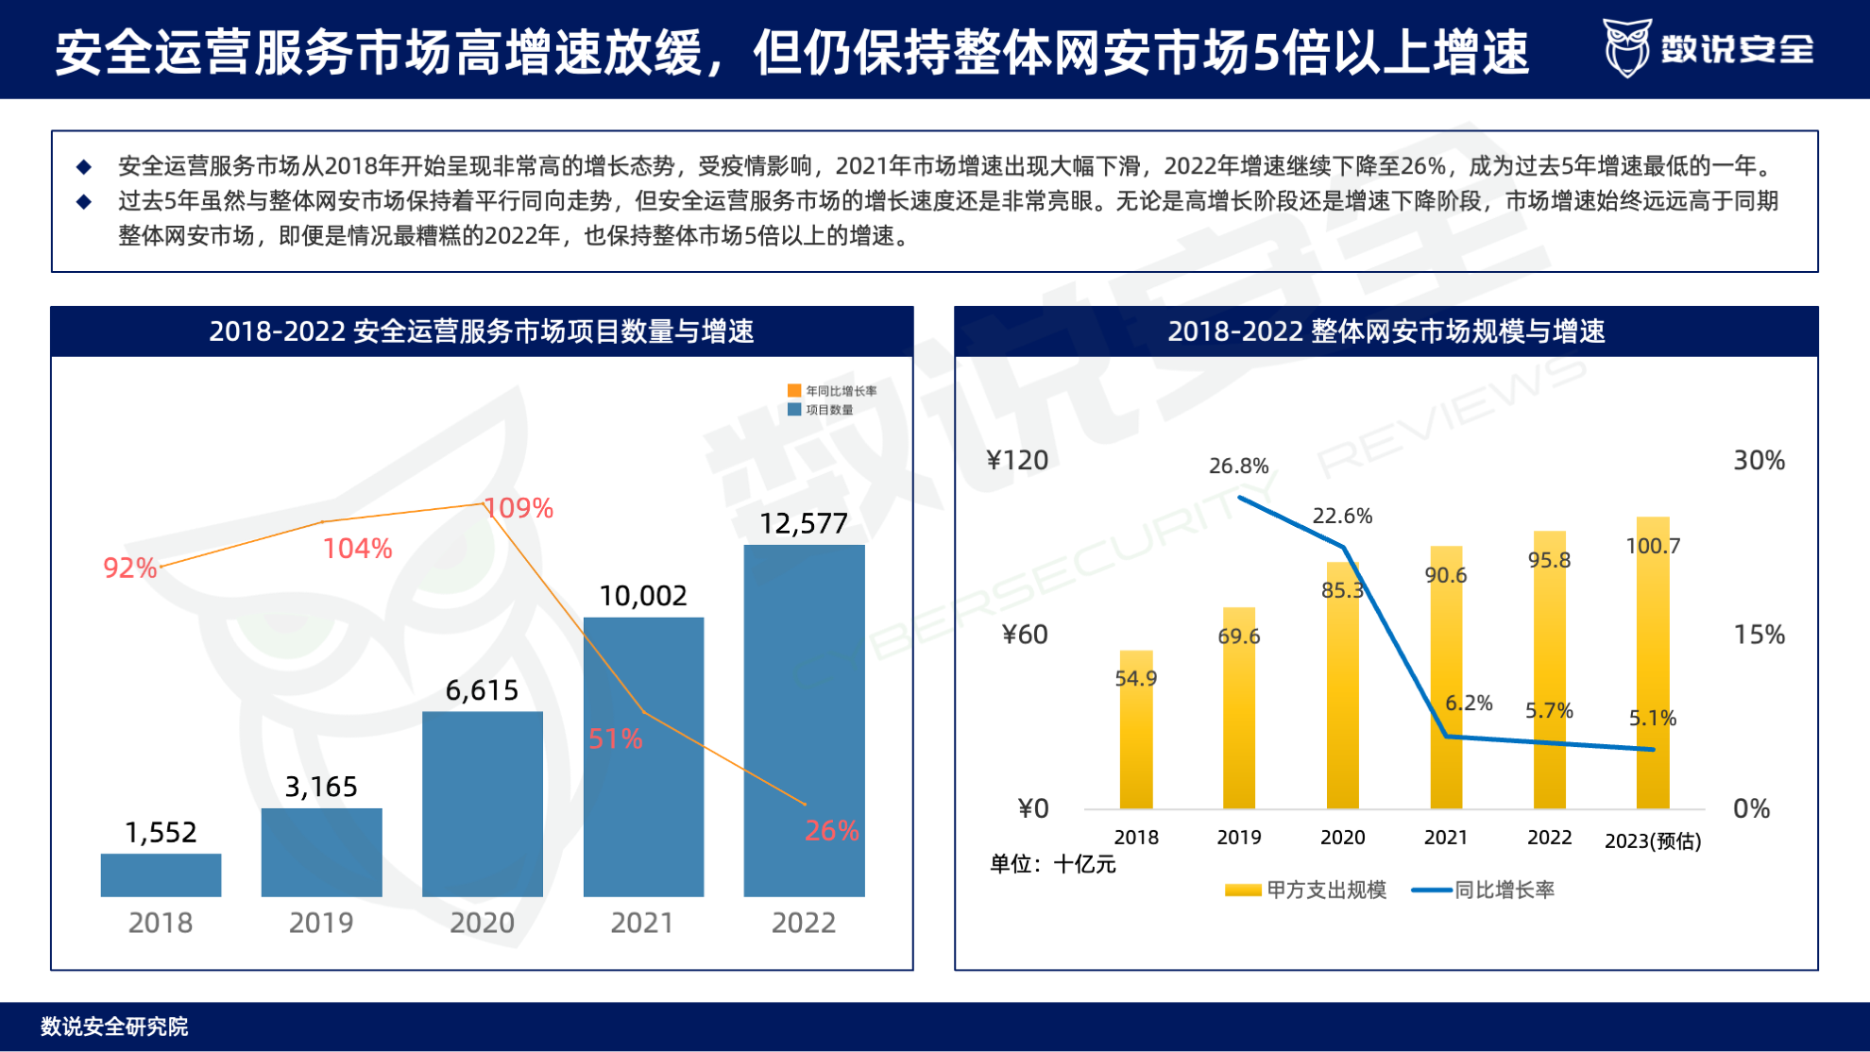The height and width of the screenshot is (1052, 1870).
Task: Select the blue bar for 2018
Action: click(161, 874)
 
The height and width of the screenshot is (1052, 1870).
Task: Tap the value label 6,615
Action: click(482, 690)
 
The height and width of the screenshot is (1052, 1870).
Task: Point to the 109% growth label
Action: click(518, 508)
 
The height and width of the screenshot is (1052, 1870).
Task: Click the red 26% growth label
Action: click(831, 830)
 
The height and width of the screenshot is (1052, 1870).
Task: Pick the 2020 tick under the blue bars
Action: click(482, 922)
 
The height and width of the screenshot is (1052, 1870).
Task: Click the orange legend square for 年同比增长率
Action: click(794, 390)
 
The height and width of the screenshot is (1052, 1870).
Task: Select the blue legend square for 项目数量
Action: click(794, 409)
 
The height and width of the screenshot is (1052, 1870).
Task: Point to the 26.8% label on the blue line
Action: click(1238, 466)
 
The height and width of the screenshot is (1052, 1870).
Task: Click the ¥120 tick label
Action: click(1017, 460)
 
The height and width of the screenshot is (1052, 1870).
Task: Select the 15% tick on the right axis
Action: click(1759, 634)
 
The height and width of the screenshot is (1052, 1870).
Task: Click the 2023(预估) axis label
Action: click(1652, 840)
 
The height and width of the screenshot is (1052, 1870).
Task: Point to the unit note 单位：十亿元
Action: click(1052, 864)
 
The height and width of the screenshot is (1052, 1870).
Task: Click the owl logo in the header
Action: click(1626, 47)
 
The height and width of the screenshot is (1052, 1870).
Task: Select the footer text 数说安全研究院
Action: click(114, 1027)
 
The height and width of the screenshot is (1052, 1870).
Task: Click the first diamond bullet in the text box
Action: click(84, 167)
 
